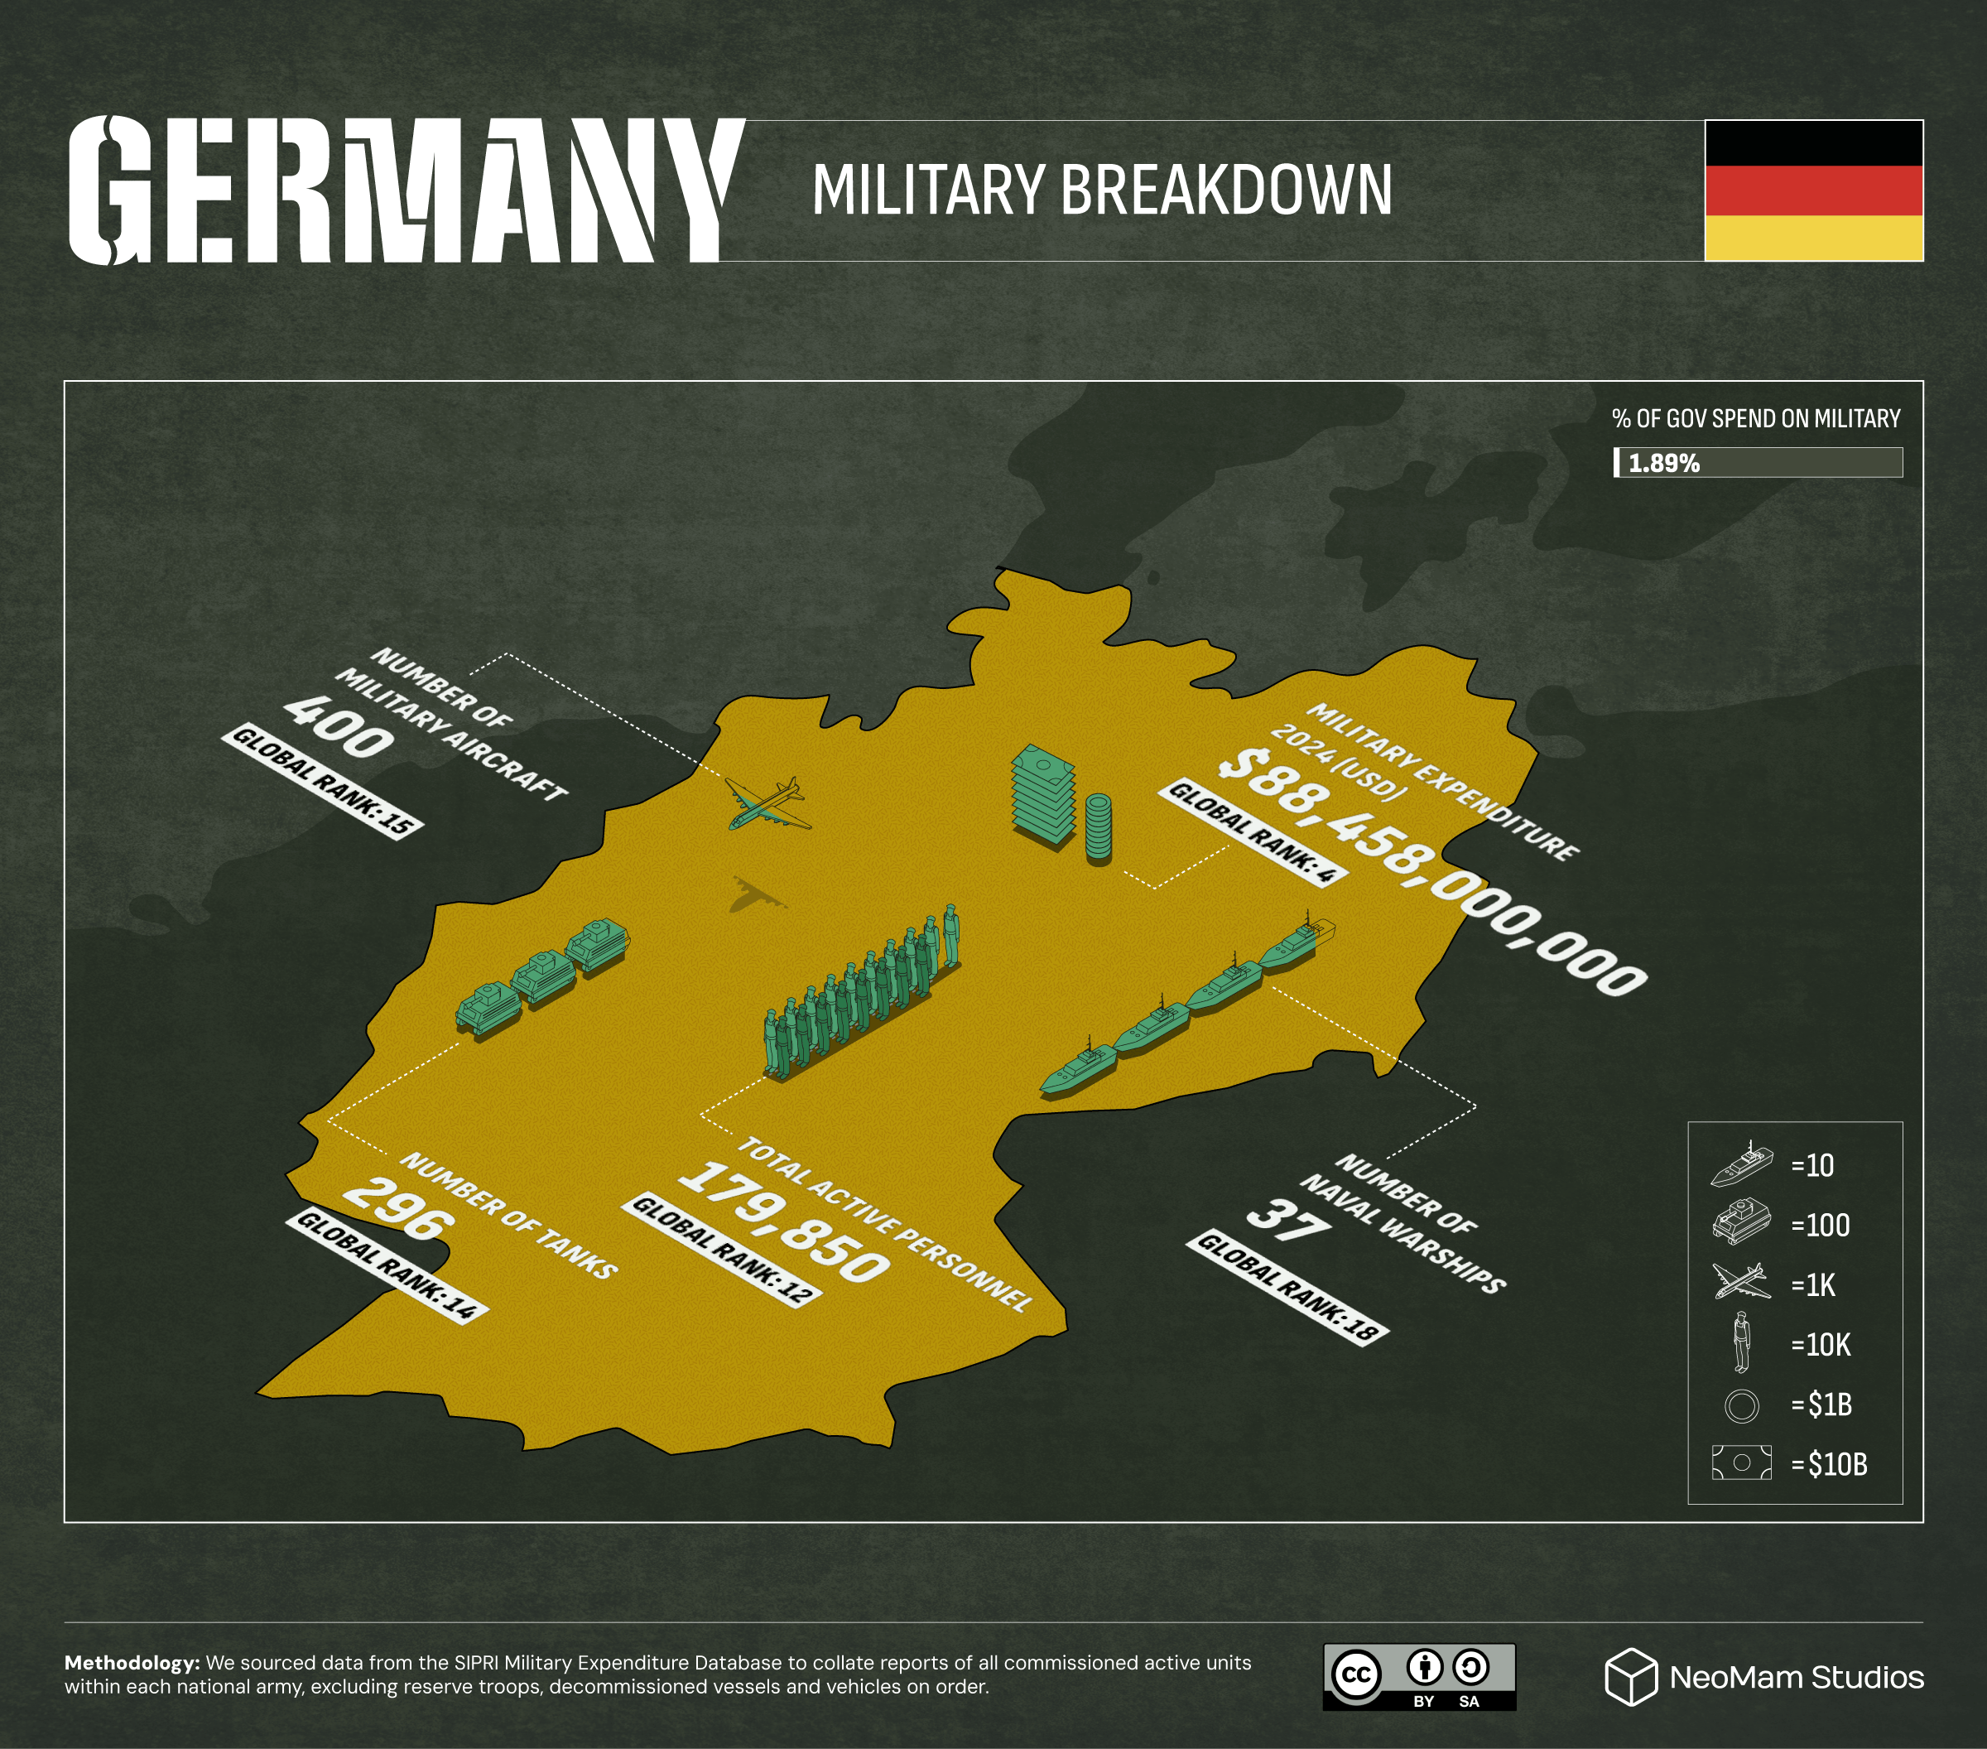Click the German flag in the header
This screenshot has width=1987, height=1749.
click(1813, 190)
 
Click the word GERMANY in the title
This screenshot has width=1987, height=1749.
click(407, 190)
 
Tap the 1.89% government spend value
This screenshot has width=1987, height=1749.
click(1663, 464)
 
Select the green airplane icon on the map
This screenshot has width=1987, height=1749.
click(767, 805)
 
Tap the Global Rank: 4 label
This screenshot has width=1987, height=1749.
click(1252, 831)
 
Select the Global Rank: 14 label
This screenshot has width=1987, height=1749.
click(386, 1266)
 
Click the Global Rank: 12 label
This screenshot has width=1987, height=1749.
click(722, 1250)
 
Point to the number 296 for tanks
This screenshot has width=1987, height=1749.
click(398, 1211)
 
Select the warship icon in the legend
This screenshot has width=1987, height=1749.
click(1741, 1164)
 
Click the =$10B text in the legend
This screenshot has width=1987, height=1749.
click(1829, 1464)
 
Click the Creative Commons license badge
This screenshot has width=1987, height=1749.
click(1418, 1676)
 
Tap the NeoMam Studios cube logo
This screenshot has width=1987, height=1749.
click(1630, 1676)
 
